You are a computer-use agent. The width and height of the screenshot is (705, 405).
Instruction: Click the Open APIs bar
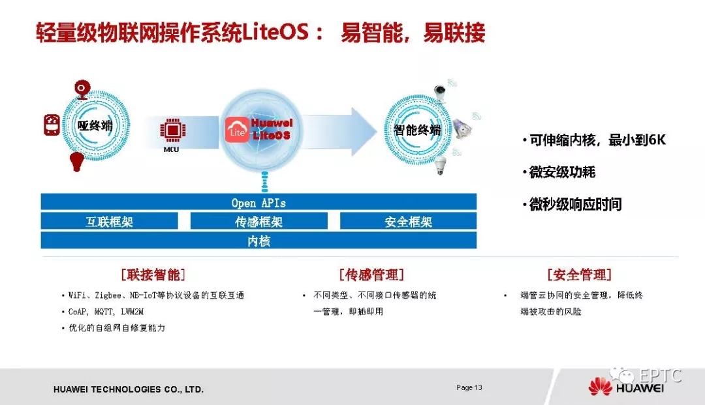click(258, 202)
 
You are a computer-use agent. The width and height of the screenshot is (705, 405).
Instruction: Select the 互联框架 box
click(109, 221)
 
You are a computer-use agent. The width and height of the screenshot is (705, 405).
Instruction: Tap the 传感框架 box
click(258, 221)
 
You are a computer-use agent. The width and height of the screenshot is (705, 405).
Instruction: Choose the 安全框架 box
click(408, 221)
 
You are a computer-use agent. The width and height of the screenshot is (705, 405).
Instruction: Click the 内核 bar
click(258, 241)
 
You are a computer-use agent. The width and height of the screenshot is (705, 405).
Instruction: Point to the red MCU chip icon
click(172, 130)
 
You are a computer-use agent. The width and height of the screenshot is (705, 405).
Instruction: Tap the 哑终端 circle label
click(95, 126)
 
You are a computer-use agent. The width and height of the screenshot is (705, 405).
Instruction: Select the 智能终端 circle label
click(417, 130)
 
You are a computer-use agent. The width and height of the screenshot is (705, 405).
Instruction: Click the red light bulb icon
click(76, 162)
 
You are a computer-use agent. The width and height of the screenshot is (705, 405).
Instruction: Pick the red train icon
click(52, 125)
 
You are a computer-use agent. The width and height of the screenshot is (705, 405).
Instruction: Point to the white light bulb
click(440, 165)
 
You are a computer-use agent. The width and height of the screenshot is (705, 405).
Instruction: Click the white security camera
click(440, 93)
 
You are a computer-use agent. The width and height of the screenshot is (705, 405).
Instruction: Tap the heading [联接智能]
click(153, 275)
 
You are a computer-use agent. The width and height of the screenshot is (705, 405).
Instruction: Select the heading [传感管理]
click(372, 275)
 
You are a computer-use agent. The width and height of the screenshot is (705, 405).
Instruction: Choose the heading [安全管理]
click(580, 275)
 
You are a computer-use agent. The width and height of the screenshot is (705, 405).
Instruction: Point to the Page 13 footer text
click(469, 387)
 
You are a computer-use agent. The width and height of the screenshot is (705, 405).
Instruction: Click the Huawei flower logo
click(601, 386)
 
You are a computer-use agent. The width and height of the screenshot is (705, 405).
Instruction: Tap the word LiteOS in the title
click(275, 33)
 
